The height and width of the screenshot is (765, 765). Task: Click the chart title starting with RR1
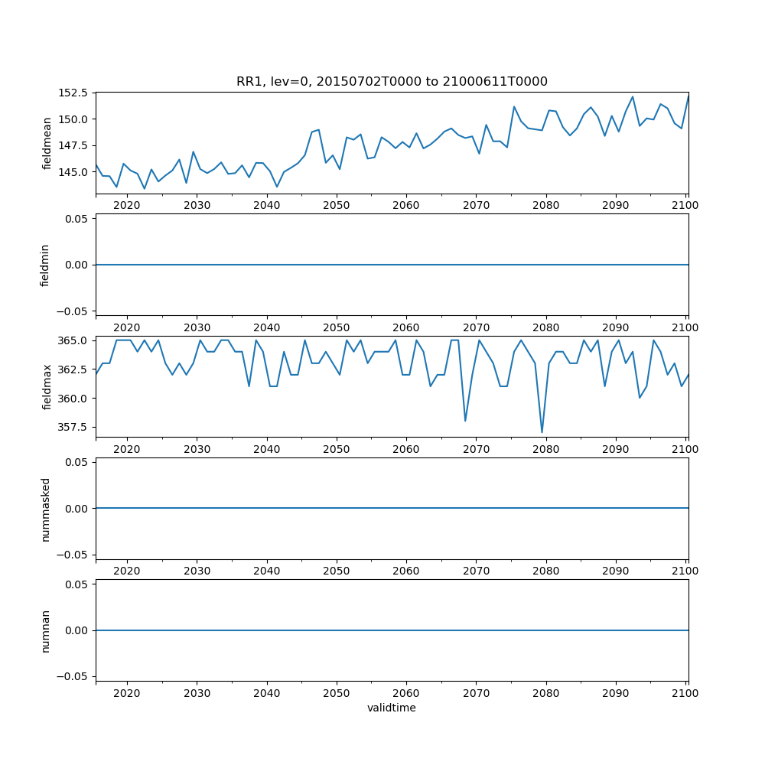tap(392, 82)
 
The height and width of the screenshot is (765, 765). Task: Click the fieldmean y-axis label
tap(47, 143)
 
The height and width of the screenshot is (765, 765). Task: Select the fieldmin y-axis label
tap(45, 265)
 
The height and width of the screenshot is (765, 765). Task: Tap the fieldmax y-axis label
tap(47, 386)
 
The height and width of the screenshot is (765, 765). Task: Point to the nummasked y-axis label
tap(45, 508)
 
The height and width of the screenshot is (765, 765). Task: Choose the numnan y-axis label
tap(45, 630)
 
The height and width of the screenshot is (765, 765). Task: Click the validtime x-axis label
tap(392, 708)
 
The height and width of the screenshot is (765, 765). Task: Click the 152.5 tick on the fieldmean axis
tap(74, 93)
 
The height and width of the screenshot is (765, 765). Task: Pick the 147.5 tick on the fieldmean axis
tap(74, 145)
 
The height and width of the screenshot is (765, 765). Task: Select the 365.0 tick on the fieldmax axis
tap(74, 340)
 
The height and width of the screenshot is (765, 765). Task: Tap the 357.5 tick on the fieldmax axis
tap(74, 427)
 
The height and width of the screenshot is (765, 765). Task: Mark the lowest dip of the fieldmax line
tap(542, 433)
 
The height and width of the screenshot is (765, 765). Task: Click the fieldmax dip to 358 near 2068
tap(465, 421)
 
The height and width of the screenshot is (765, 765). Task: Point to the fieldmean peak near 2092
tap(633, 97)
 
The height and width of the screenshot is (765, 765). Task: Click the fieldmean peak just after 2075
tap(514, 107)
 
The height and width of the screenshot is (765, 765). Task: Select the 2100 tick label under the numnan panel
tap(685, 693)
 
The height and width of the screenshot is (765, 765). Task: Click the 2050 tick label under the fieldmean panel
tap(337, 205)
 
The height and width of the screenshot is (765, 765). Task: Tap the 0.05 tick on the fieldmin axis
tap(77, 219)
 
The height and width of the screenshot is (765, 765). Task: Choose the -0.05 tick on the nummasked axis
tap(75, 555)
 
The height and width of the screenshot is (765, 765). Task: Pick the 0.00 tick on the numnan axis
tap(77, 630)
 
